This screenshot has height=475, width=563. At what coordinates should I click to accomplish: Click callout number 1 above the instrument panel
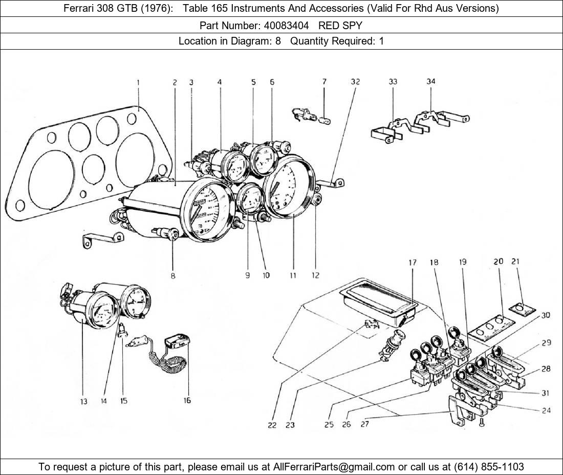coord(138,82)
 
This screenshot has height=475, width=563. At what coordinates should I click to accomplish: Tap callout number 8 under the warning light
coord(173,275)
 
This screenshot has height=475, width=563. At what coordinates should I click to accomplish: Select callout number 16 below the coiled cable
coord(187,400)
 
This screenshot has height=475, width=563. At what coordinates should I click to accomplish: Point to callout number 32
coord(355,82)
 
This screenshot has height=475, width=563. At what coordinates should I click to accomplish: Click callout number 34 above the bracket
coord(431,82)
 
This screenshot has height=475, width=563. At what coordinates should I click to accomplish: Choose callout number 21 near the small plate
coord(515,262)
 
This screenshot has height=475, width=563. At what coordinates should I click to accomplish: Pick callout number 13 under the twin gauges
coord(83,401)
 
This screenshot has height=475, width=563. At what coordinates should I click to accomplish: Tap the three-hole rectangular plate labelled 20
coord(490,328)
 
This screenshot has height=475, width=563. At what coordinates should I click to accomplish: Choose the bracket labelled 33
coord(387,131)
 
